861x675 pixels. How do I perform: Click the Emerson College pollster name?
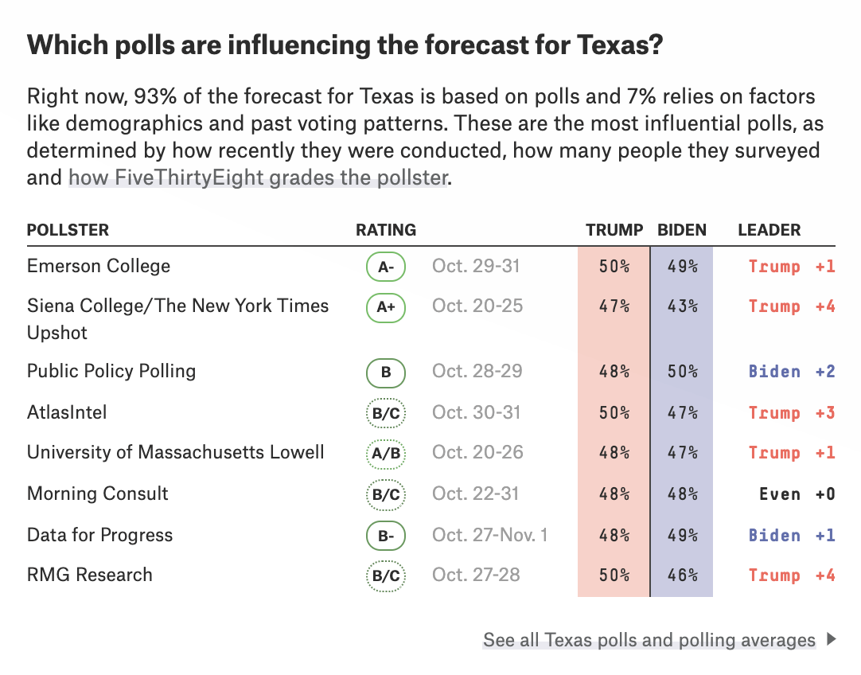[99, 266]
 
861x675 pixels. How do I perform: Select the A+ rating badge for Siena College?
[386, 307]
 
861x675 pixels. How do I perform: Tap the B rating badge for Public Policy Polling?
[386, 373]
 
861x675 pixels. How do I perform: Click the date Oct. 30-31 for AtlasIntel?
[476, 412]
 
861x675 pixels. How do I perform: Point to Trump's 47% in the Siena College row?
[614, 306]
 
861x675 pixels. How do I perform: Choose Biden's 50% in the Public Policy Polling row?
[682, 372]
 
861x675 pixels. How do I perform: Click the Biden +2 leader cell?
[791, 372]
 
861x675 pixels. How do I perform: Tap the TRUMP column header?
[614, 230]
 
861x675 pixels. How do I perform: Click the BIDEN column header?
[682, 230]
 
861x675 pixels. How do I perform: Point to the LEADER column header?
[769, 230]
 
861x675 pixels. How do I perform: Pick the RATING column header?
[386, 230]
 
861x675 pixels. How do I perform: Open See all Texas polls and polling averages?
[649, 640]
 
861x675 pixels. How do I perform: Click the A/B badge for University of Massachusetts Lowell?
[386, 454]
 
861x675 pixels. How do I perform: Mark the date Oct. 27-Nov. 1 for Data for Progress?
[489, 535]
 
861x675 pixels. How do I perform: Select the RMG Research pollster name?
[90, 575]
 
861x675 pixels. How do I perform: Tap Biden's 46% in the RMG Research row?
[682, 576]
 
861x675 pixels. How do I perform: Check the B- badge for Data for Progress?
[386, 536]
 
